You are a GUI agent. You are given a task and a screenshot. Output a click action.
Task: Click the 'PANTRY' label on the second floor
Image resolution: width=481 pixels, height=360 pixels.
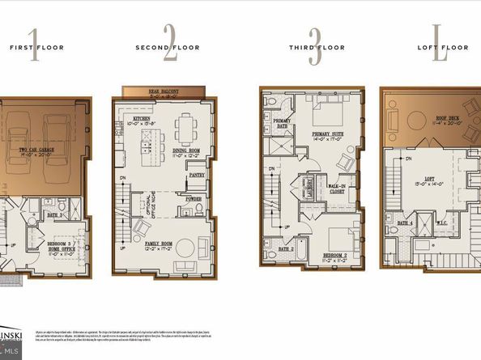[x=197, y=173]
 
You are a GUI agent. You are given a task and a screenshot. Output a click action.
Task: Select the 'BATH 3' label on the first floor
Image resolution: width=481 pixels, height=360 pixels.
[x=56, y=215]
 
